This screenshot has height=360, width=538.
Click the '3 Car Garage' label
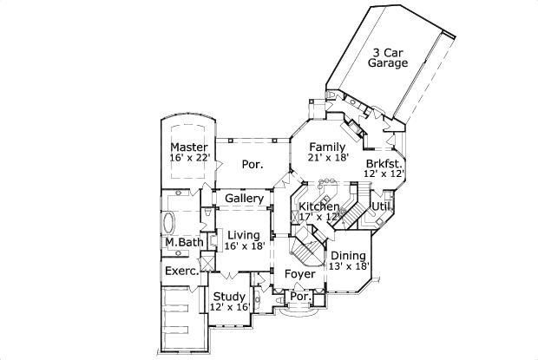pos(388,57)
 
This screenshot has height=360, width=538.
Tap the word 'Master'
pos(188,147)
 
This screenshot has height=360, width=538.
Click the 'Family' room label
pos(329,147)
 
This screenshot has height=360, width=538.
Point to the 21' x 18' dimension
pos(329,159)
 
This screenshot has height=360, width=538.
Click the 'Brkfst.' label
pos(383,163)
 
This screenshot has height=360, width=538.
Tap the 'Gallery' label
pos(244,199)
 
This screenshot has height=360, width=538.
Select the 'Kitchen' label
pos(319,206)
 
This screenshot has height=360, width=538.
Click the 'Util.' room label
pos(380,206)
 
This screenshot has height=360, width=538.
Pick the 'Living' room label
pos(244,234)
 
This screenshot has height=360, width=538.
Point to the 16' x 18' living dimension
pos(244,246)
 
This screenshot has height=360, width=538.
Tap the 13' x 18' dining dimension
pos(350,267)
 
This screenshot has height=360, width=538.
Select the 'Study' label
pos(229,295)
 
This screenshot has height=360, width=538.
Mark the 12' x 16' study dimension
pos(229,307)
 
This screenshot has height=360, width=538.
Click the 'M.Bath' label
pos(182,242)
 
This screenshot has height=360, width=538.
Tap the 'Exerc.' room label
pos(181,272)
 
